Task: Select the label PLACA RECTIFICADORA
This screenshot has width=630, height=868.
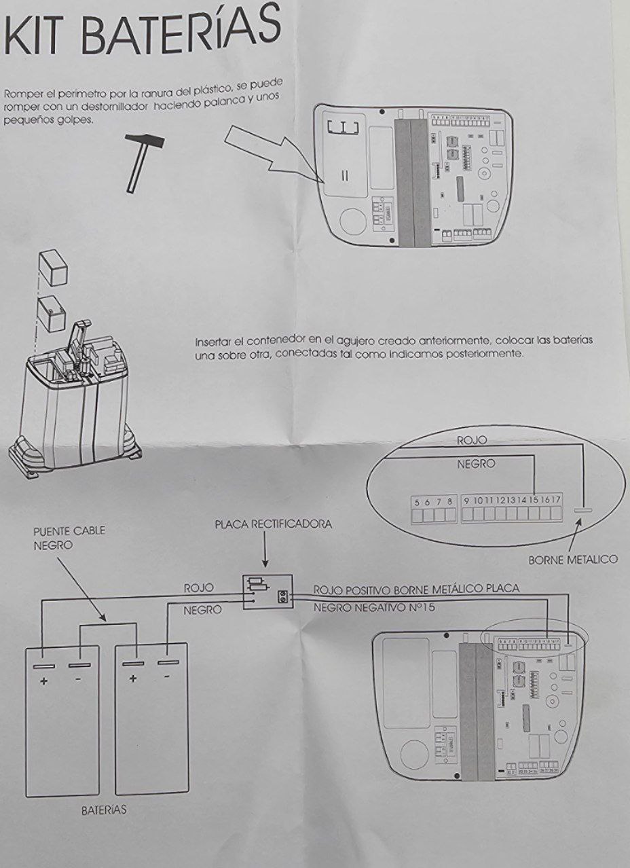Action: click(273, 525)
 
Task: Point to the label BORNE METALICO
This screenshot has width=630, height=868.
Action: click(573, 560)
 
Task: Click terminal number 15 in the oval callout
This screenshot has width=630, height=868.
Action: click(534, 501)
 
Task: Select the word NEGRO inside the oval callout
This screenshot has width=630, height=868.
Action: click(476, 465)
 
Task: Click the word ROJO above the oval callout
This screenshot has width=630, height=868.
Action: click(472, 441)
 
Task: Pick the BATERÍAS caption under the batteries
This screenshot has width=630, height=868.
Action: click(104, 810)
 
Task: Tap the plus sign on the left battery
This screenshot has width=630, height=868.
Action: click(44, 681)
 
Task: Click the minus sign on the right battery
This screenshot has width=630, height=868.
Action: click(166, 677)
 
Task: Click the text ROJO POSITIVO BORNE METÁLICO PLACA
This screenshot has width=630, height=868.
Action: click(415, 588)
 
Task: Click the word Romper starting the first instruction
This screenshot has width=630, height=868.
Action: click(22, 94)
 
